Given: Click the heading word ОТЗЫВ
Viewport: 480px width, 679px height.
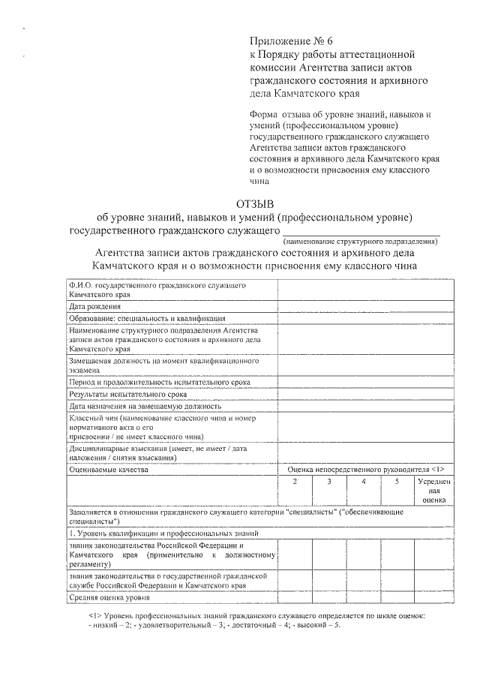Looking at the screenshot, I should coord(255,203).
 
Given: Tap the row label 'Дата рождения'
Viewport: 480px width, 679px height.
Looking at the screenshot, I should coord(94,306).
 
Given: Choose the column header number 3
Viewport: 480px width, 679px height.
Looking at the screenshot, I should coord(328,480).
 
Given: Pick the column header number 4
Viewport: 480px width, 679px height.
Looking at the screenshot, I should coord(363,480).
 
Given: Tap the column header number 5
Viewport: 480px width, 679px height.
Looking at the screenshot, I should coord(397,480).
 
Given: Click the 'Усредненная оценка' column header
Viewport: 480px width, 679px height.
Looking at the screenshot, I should coord(433,488).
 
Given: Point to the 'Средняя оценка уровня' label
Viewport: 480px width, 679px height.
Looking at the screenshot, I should coord(109,598).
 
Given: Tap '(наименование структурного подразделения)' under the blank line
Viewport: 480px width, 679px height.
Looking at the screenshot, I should coord(360,242).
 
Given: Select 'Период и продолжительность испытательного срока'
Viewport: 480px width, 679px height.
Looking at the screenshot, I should coord(159,381).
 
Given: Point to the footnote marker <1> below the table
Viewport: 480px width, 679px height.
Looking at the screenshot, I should coord(94,615).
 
